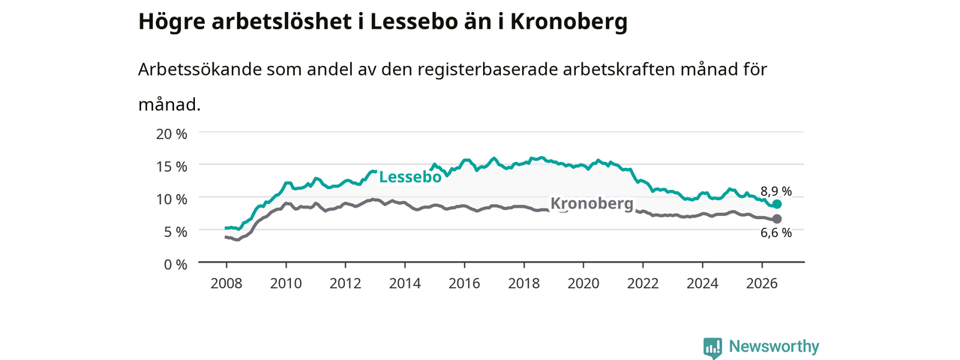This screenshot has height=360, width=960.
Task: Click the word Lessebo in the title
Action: [414, 22]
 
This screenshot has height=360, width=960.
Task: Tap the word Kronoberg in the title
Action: [568, 22]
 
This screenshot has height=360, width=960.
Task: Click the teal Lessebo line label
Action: [410, 177]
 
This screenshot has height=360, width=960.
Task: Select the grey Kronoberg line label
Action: [592, 203]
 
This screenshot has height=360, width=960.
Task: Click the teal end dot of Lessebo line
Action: [776, 204]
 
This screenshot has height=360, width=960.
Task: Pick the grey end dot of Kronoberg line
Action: [776, 219]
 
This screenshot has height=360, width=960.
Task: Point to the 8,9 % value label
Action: [776, 191]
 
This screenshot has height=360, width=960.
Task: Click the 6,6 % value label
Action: [776, 232]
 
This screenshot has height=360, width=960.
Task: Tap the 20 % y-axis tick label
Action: [172, 134]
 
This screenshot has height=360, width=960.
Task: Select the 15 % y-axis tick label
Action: [172, 166]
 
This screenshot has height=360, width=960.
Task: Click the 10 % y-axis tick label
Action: [172, 199]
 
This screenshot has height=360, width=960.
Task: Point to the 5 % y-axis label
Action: [175, 232]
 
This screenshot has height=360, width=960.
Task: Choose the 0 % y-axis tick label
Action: [175, 265]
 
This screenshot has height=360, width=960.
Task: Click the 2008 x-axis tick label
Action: [226, 283]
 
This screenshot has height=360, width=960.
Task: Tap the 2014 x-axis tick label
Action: [404, 283]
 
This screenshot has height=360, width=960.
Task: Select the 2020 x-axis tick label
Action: [583, 283]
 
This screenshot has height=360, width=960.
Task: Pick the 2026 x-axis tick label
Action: [761, 283]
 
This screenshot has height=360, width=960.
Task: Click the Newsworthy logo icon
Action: [712, 347]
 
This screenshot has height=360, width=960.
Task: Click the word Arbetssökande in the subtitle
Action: [199, 69]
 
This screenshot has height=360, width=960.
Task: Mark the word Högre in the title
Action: [172, 22]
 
